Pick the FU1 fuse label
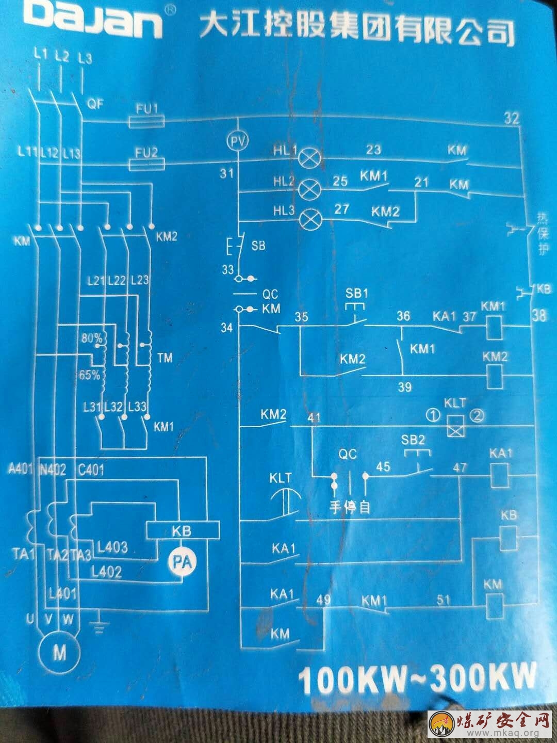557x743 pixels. point(146,109)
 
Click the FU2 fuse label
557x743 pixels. point(146,152)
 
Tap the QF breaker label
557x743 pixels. point(95,104)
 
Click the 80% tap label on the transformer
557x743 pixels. point(92,338)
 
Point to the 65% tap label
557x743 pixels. point(90,375)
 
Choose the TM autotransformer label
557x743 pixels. point(165,358)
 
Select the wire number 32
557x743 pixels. point(511,118)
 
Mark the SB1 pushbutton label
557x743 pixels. point(357,294)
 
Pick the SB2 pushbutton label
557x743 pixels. point(413,440)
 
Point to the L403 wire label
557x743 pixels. point(112,547)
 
